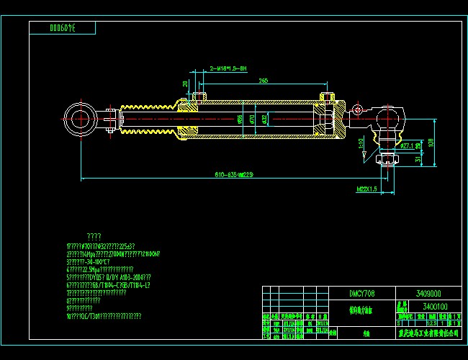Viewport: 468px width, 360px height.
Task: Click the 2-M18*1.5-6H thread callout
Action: click(x=228, y=68)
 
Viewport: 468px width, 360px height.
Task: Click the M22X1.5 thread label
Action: click(x=366, y=189)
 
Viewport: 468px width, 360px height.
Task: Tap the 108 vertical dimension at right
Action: click(x=433, y=142)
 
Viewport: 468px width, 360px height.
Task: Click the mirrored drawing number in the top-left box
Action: click(x=62, y=28)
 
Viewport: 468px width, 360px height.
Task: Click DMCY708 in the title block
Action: click(x=361, y=294)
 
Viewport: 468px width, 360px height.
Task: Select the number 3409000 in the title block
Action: click(x=428, y=294)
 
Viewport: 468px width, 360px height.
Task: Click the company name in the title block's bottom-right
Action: click(x=428, y=333)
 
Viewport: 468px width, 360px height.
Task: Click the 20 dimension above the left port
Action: click(x=185, y=84)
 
